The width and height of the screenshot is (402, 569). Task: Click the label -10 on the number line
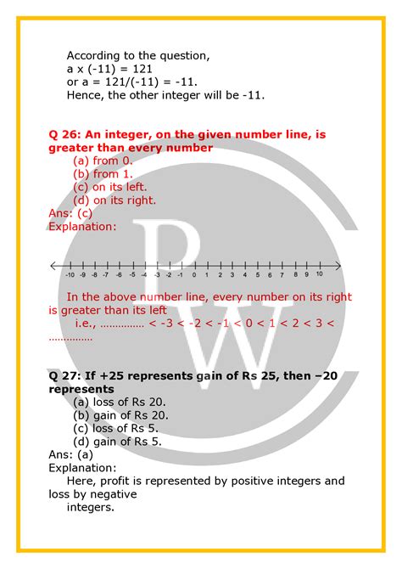(x=70, y=275)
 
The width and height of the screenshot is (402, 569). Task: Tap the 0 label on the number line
(x=194, y=275)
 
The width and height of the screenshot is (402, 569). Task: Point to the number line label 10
(x=319, y=275)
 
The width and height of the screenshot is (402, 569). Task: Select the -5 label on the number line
(x=131, y=275)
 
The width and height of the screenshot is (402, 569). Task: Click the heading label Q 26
(x=64, y=133)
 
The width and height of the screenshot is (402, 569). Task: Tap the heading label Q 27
(x=64, y=374)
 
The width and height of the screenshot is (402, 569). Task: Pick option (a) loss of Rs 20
(x=119, y=401)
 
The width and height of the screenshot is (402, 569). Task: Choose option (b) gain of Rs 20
(x=120, y=414)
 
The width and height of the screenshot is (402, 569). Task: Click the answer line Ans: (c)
(x=70, y=214)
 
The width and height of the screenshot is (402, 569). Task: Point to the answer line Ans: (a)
(x=70, y=454)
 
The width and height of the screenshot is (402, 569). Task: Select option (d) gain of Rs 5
(x=116, y=441)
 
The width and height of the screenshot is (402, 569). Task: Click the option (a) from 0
(x=103, y=160)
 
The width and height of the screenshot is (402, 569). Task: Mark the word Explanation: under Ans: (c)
(x=82, y=227)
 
